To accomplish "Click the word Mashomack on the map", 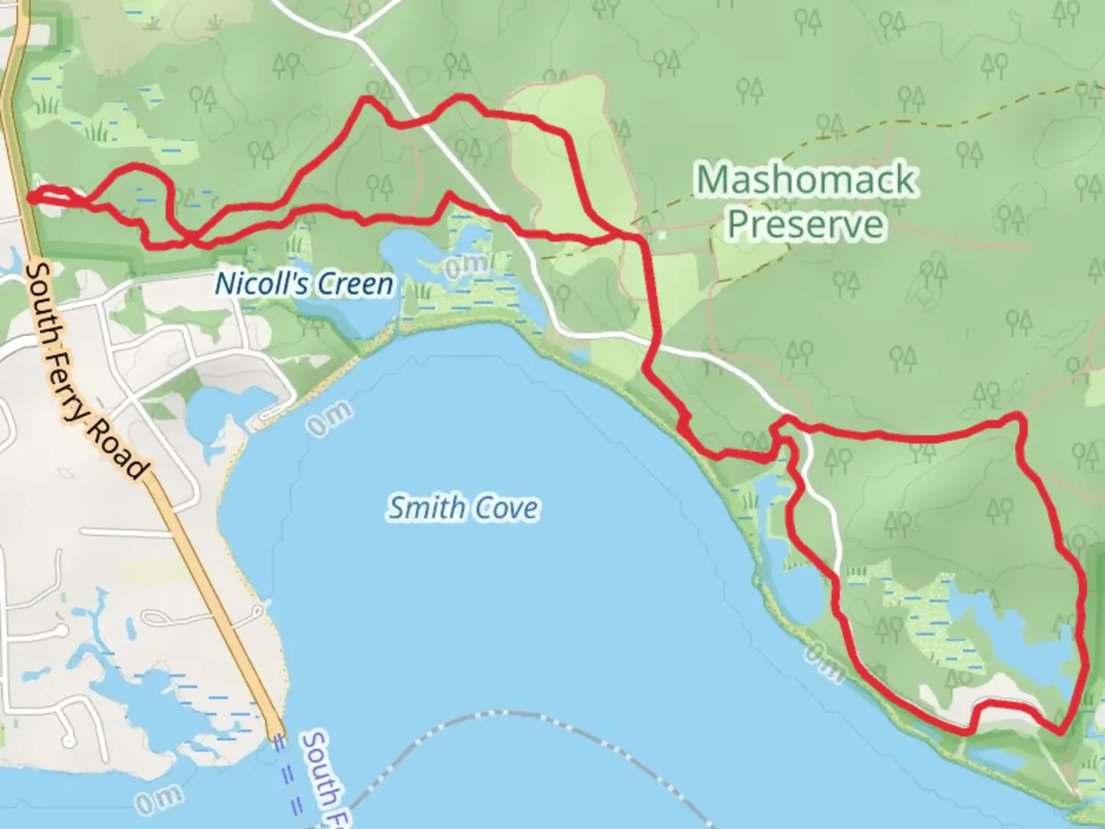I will coord(806,180).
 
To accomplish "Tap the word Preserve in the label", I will coord(806,224).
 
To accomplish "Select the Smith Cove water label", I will coord(463,508).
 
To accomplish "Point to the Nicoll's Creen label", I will coord(304,284).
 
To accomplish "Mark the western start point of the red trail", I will coord(31,197).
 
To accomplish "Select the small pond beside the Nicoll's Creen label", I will coord(407,249).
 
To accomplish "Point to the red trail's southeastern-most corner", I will coord(1061,732).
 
